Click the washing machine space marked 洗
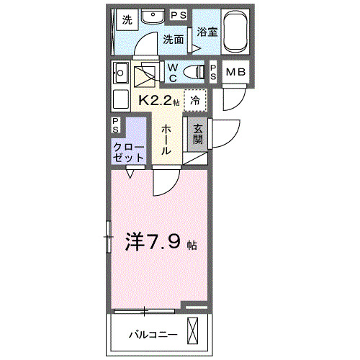click(127, 18)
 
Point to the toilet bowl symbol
click(195, 71)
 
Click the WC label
click(174, 71)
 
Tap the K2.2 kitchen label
click(154, 99)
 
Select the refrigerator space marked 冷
click(195, 100)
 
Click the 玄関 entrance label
click(197, 134)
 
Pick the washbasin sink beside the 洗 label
click(153, 17)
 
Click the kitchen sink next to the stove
click(121, 73)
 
